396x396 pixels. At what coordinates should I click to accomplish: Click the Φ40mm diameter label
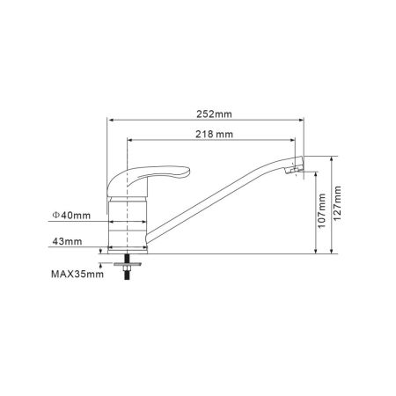pos(71,214)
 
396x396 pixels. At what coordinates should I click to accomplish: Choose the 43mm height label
pos(68,240)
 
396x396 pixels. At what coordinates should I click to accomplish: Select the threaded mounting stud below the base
pos(128,272)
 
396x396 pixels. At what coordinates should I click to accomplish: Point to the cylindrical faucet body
pos(128,224)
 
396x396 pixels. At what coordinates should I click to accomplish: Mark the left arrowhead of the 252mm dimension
pos(109,121)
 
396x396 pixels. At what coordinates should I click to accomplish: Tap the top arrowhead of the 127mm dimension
pos(332,158)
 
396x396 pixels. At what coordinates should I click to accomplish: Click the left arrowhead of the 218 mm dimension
pos(128,141)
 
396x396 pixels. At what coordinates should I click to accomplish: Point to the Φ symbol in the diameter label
pos(55,214)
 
